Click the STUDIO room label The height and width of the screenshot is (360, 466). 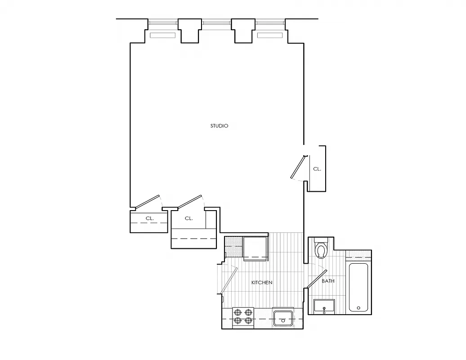[x=219, y=126]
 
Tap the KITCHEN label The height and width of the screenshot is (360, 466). [x=261, y=283]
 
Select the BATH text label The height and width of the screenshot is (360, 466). [x=328, y=281]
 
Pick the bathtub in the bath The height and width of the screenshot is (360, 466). [x=358, y=287]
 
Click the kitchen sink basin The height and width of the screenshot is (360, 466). [x=283, y=317]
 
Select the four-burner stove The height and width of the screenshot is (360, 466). [x=242, y=316]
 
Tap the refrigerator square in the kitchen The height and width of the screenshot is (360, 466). [x=255, y=247]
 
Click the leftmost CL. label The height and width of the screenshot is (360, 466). [x=150, y=218]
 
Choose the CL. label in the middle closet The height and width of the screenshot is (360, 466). [x=188, y=218]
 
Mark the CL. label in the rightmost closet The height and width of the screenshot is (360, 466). [x=317, y=169]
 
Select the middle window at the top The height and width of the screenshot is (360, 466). [x=216, y=22]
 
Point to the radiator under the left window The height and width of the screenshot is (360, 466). [x=162, y=35]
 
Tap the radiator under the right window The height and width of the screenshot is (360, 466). [x=269, y=35]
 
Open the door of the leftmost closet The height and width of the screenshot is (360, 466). [x=148, y=202]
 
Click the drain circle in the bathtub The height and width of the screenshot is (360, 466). [x=358, y=308]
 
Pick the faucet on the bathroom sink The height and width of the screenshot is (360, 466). [x=324, y=310]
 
